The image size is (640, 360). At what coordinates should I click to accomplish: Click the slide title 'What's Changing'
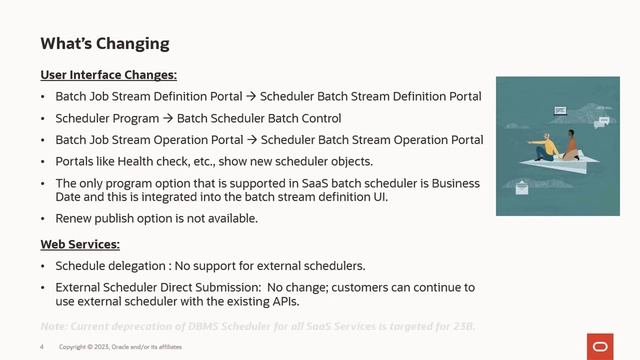pos(105,44)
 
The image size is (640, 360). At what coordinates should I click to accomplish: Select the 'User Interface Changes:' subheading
pos(109,75)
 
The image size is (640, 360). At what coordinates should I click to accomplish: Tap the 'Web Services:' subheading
pos(80,244)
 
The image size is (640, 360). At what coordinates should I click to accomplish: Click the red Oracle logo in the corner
pos(601,346)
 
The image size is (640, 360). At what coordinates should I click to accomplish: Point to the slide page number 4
pos(42,347)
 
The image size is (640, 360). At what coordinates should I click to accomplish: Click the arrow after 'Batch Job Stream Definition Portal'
pos(252,97)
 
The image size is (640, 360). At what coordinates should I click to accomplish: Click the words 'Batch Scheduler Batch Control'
pos(259,118)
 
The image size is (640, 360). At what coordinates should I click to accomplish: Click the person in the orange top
pos(573,147)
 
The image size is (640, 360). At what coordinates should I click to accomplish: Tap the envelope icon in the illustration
pos(521,186)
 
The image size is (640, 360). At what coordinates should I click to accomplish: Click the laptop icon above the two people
pos(560,109)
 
